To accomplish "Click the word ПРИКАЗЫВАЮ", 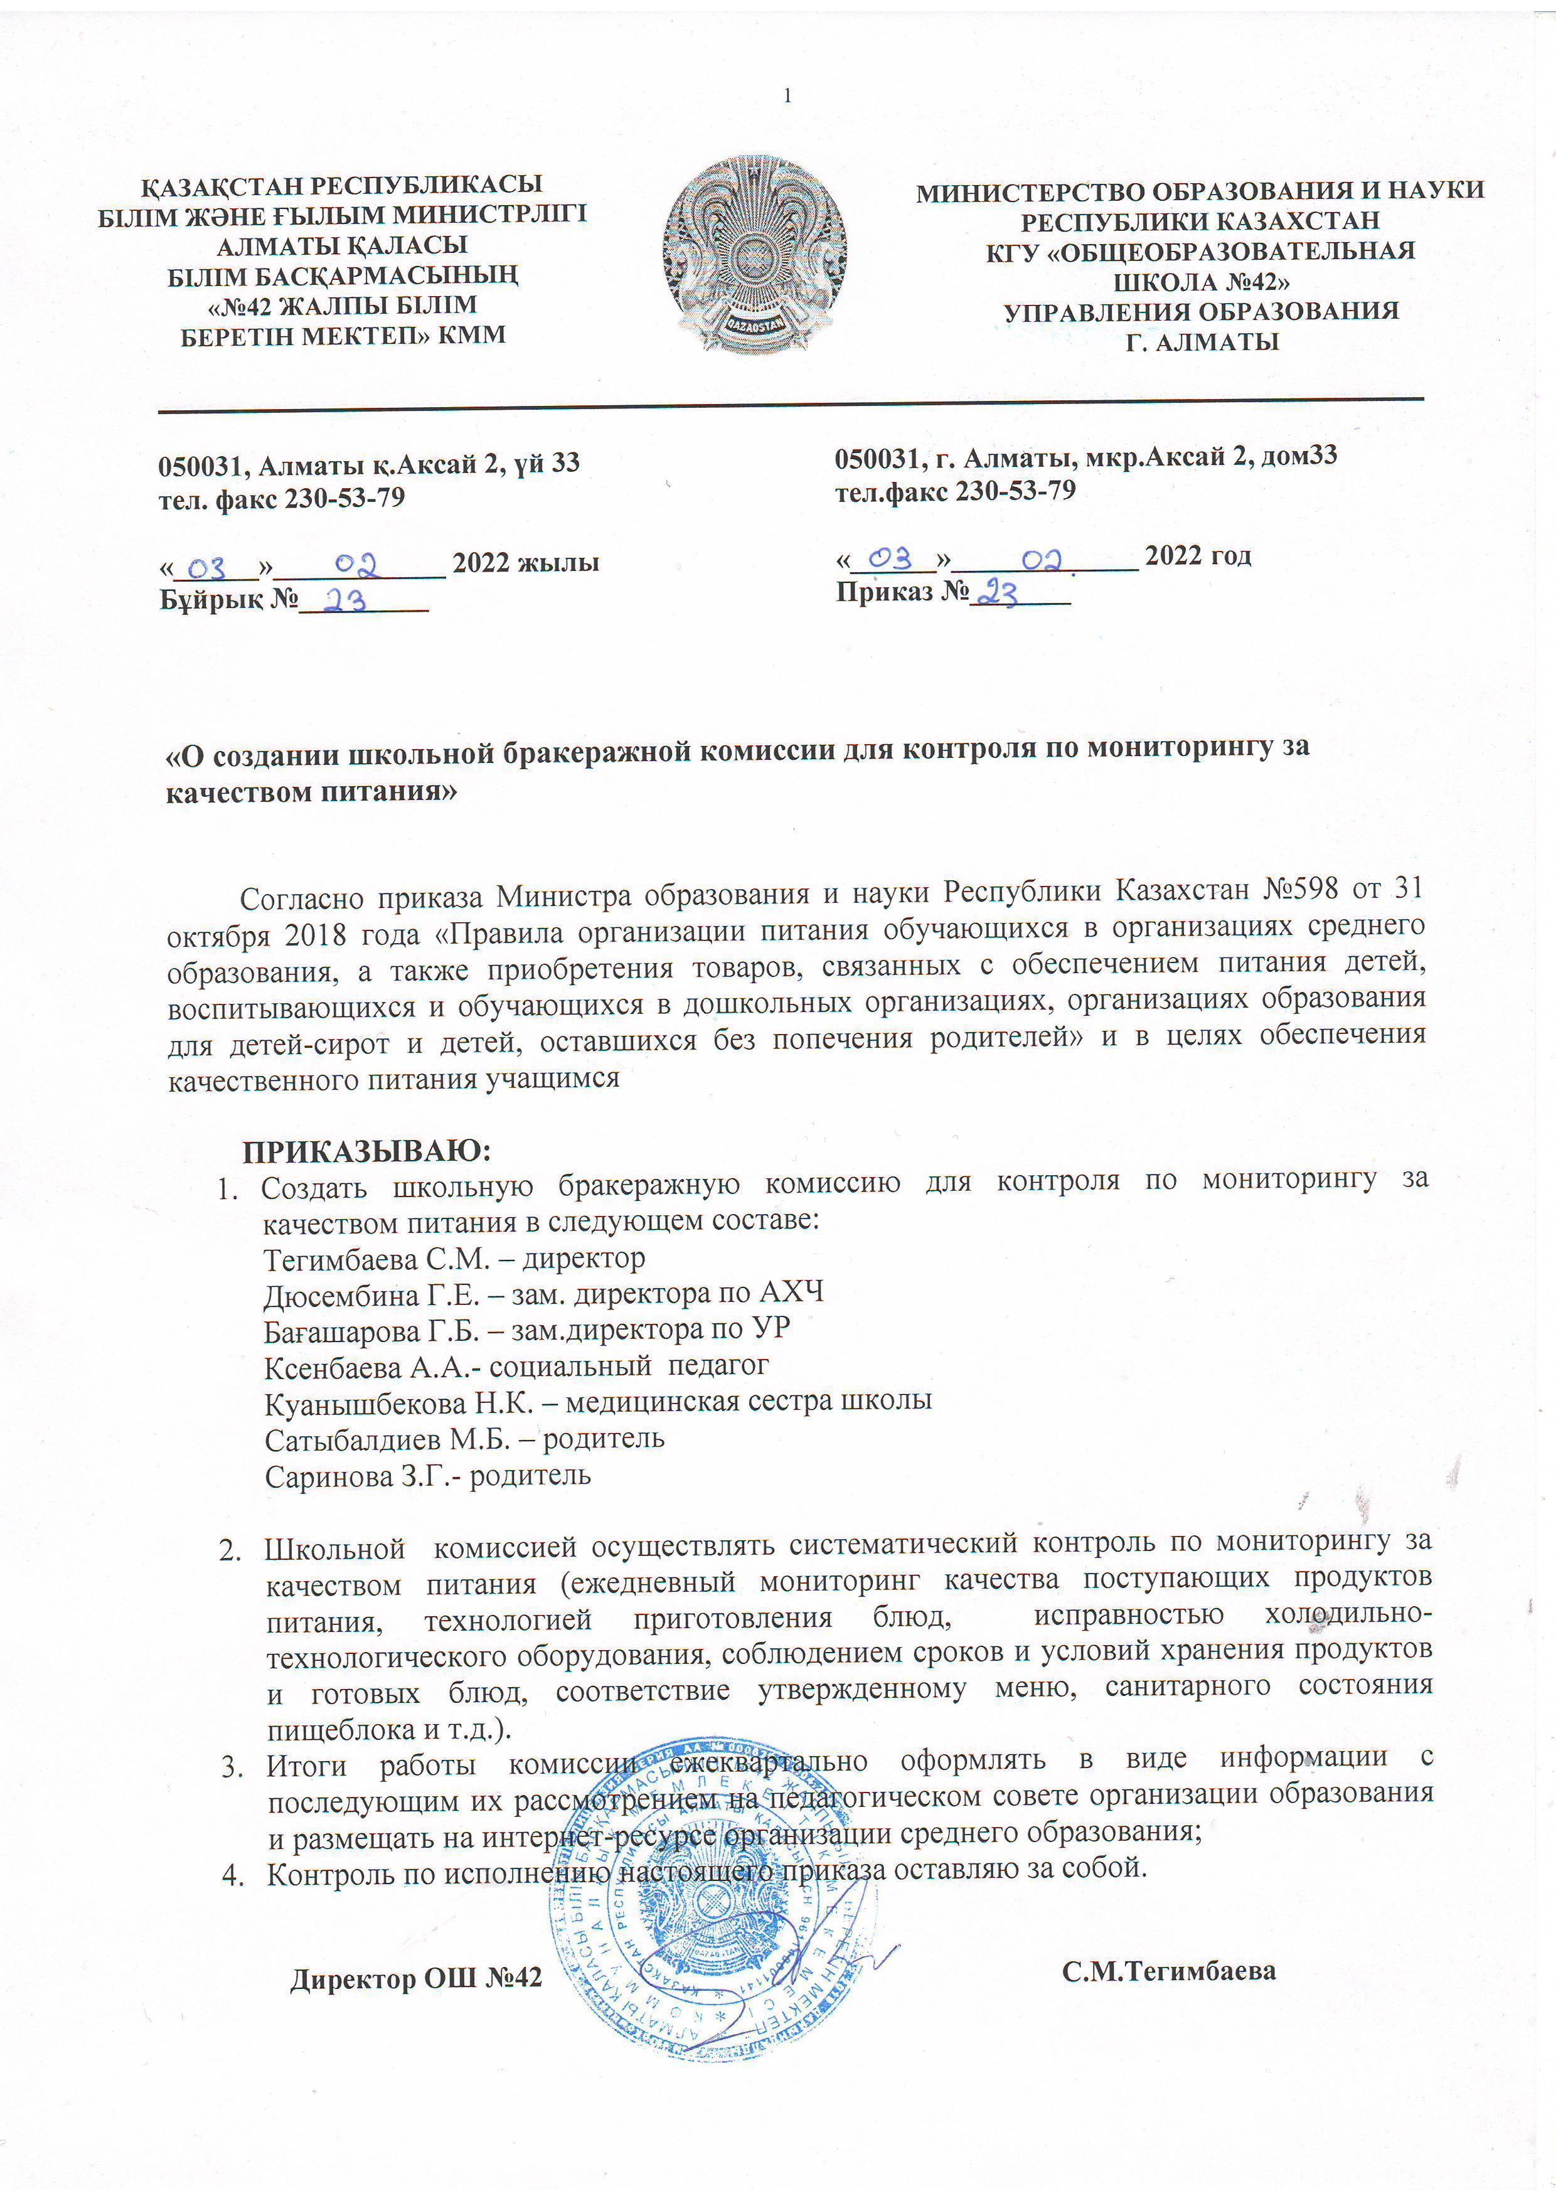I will [366, 1149].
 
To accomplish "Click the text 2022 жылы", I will [525, 563].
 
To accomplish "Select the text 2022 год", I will [1198, 556].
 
